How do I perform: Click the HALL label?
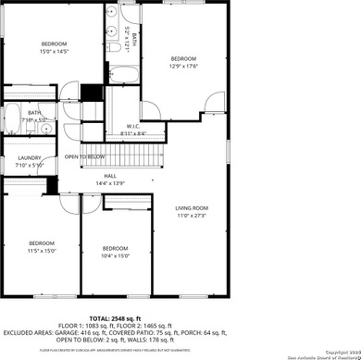click(x=110, y=176)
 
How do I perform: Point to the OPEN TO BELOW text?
click(x=84, y=157)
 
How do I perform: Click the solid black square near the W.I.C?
click(x=91, y=93)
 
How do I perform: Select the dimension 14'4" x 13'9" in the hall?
click(x=110, y=183)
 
